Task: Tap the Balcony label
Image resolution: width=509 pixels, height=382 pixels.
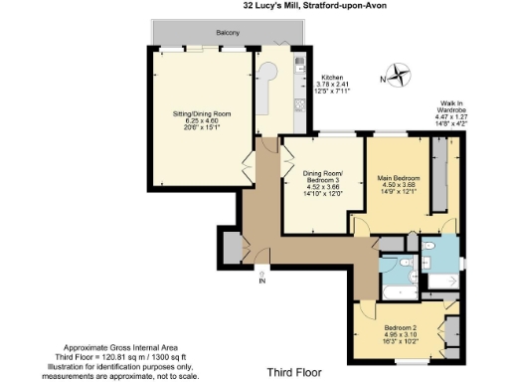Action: [x=228, y=33]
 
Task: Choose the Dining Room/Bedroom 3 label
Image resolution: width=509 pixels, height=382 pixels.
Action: [x=323, y=177]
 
